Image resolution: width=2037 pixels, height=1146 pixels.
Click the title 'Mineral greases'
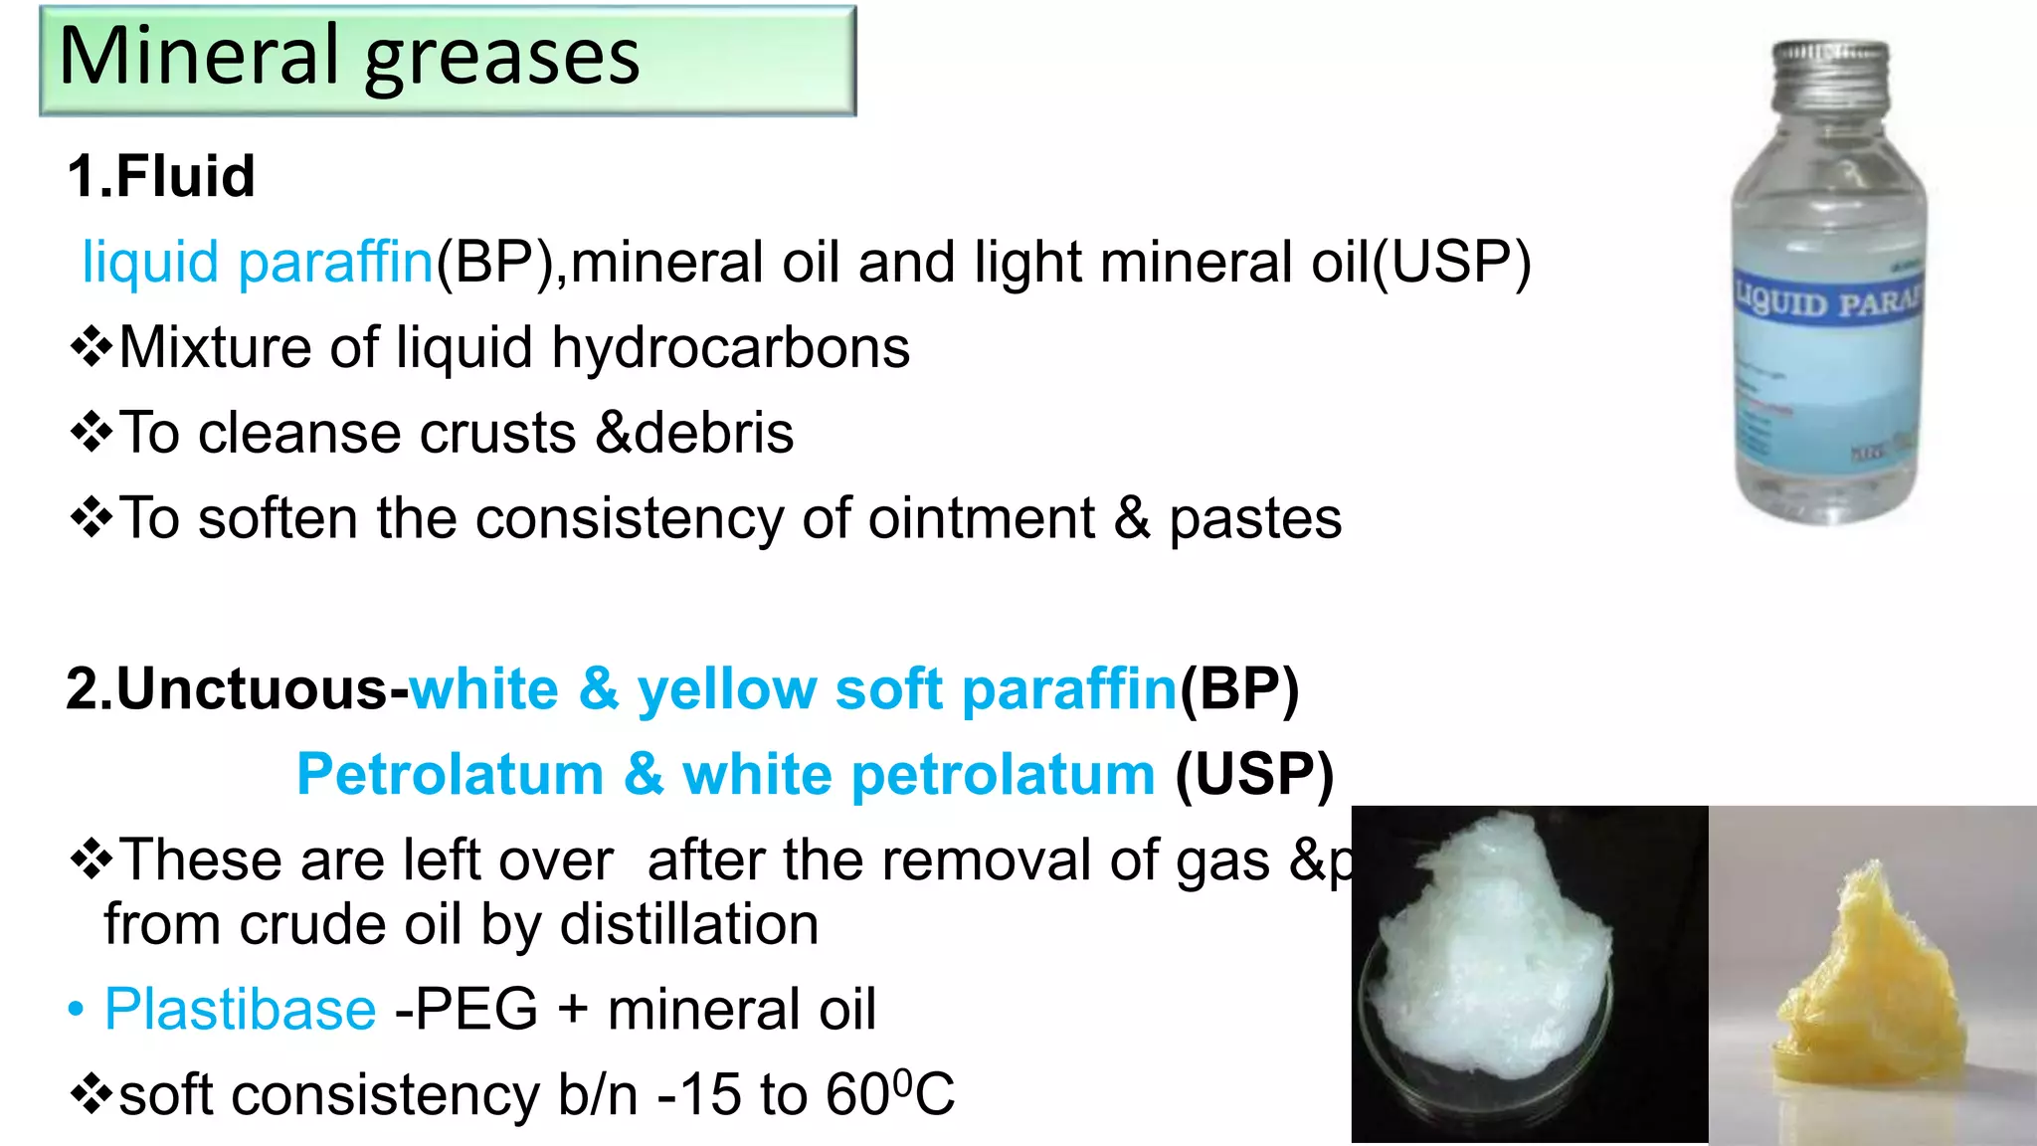click(349, 58)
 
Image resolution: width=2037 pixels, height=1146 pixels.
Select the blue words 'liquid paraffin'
click(258, 263)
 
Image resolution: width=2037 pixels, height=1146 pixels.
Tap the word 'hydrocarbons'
click(730, 348)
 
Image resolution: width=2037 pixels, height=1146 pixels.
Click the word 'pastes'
click(1254, 519)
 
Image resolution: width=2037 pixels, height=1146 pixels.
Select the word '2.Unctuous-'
click(237, 688)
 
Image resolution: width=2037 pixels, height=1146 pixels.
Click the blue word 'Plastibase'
click(241, 1010)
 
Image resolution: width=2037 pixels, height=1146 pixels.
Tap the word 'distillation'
click(689, 924)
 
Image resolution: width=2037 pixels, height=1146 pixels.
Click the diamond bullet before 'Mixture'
click(92, 348)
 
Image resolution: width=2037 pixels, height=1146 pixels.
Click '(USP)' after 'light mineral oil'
click(1451, 263)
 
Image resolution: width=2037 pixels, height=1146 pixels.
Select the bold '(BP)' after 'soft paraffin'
click(1239, 688)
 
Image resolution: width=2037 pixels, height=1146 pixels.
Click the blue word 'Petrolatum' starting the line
click(450, 774)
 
